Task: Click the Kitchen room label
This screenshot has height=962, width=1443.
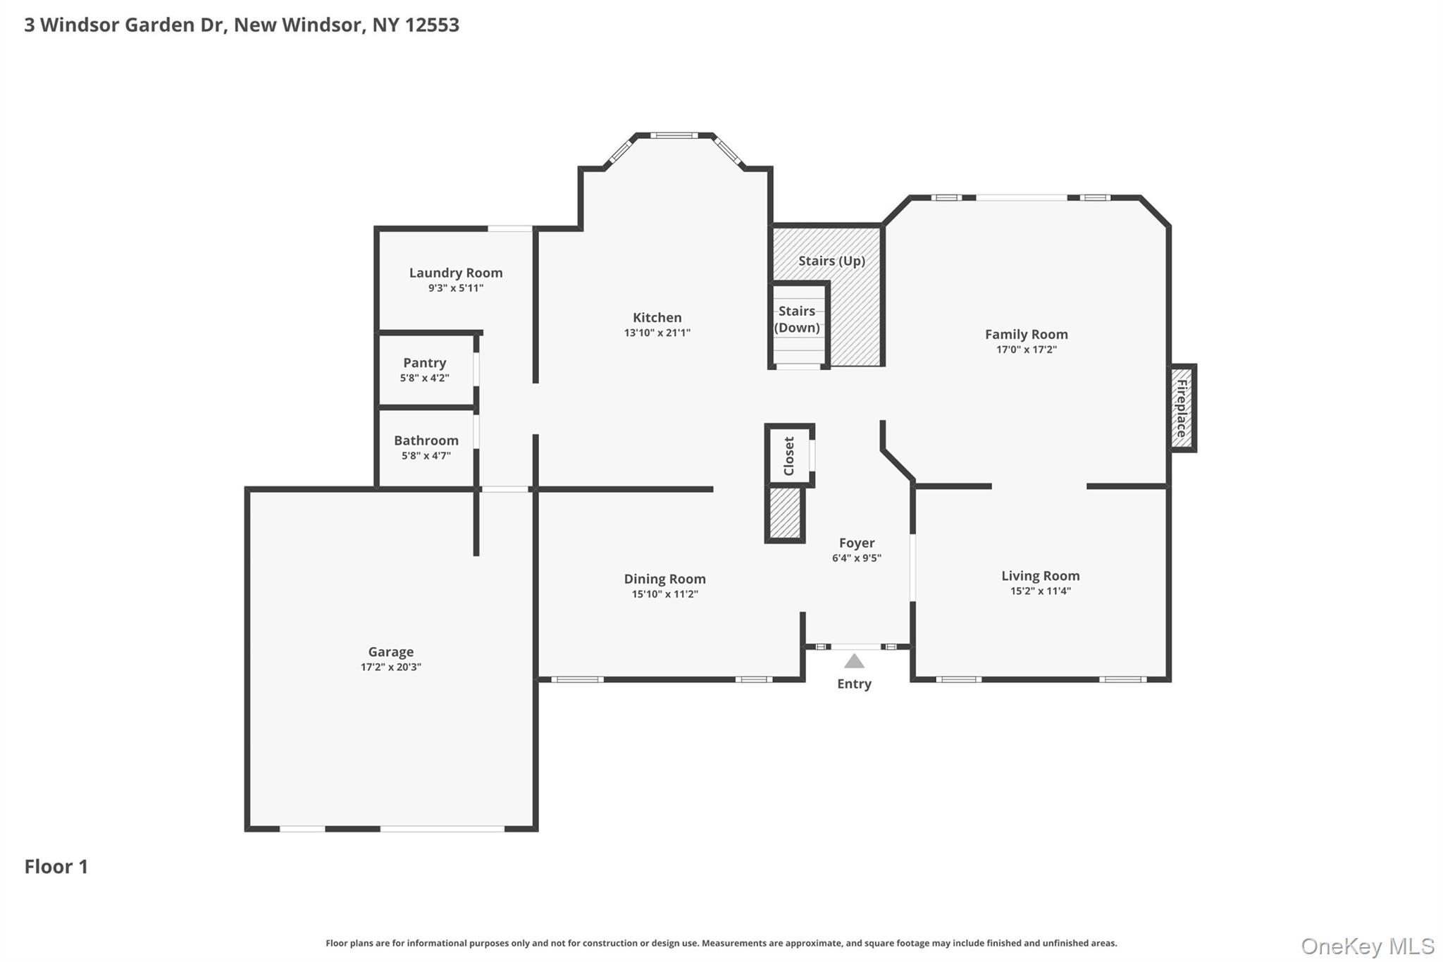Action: [657, 318]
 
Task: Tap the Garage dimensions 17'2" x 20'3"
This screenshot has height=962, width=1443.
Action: [390, 667]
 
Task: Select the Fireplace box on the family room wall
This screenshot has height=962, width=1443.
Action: [1182, 408]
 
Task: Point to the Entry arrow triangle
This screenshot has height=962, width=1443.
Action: [854, 662]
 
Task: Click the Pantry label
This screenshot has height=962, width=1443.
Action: [424, 363]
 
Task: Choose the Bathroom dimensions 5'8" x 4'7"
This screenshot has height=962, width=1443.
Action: [426, 456]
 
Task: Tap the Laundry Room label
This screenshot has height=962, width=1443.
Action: [456, 273]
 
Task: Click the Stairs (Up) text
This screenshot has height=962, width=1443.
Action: [831, 261]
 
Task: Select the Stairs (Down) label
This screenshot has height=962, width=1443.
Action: [797, 319]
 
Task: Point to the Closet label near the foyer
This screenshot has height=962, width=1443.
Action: [789, 456]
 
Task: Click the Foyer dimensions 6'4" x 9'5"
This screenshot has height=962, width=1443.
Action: [856, 558]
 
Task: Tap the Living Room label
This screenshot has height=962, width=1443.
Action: [1040, 576]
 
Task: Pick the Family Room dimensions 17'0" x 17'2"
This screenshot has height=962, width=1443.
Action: [1026, 350]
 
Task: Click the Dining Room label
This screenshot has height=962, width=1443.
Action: [664, 579]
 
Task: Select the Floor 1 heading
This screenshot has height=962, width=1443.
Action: [56, 867]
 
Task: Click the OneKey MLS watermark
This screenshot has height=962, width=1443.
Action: [1367, 946]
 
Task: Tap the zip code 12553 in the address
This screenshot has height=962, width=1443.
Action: [432, 25]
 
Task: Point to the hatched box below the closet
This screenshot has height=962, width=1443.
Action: [784, 513]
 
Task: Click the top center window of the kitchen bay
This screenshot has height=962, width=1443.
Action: [674, 135]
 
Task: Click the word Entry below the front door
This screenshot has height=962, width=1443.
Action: [854, 684]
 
